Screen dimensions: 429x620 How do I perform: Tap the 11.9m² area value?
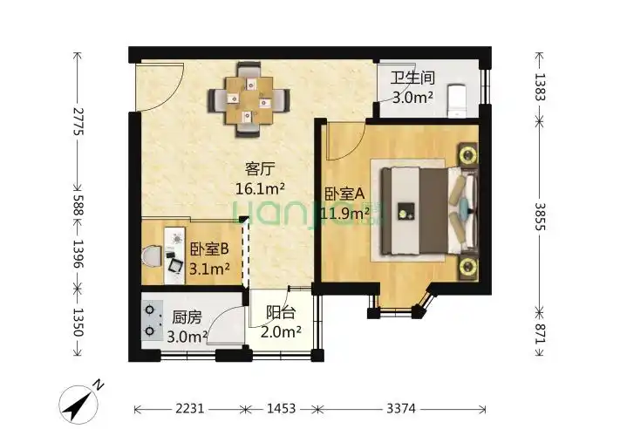tap(347, 212)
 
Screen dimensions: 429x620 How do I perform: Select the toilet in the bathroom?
tap(457, 99)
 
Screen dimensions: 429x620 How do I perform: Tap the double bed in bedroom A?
tap(423, 208)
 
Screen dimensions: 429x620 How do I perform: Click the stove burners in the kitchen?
tap(153, 320)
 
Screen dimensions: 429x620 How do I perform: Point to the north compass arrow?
tap(80, 400)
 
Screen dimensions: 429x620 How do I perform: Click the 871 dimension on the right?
tap(539, 333)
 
